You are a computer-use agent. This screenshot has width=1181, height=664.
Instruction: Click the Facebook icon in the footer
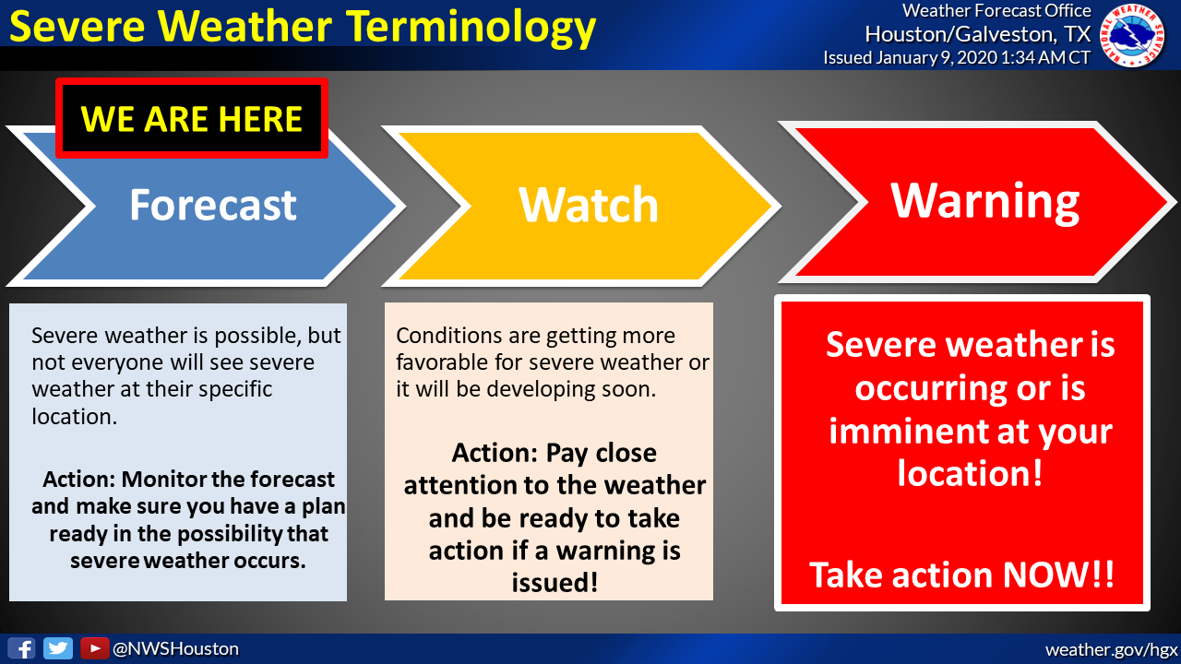coord(21,648)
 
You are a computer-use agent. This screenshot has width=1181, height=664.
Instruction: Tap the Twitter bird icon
coord(58,648)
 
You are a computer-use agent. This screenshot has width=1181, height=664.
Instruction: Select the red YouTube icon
coord(94,648)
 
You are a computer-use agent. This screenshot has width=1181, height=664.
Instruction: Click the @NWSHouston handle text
coord(175,648)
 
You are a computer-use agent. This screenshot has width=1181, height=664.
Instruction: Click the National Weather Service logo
coord(1131,35)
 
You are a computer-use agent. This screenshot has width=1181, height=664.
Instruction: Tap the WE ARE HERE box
coord(192,118)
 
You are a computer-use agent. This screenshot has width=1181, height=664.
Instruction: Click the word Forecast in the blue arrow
coord(213,205)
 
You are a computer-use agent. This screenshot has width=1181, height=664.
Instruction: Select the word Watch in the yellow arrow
coord(589,205)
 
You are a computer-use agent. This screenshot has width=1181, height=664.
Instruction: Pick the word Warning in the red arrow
coord(984,201)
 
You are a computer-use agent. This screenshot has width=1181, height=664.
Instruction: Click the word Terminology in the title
coord(471,28)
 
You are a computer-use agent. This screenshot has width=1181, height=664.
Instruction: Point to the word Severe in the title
coord(77,27)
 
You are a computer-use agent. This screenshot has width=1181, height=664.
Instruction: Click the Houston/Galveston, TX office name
coord(977,34)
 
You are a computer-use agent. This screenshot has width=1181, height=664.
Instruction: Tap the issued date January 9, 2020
coord(936,57)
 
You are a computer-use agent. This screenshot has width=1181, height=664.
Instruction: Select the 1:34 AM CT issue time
coord(1045,57)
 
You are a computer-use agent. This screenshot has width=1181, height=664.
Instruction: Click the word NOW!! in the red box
coord(1058,575)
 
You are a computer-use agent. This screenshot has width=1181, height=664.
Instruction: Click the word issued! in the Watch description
coord(555,583)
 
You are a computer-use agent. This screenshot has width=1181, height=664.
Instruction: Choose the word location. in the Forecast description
coord(75,416)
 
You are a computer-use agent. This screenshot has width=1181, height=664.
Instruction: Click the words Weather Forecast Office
coord(996,10)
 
